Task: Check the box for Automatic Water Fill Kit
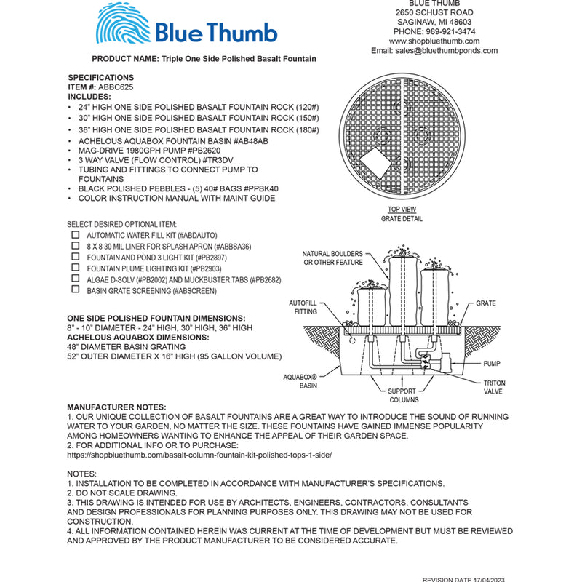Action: pos(75,236)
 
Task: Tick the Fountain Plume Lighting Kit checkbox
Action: pos(75,268)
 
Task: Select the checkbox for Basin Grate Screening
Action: pos(75,290)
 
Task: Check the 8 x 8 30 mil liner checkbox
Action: pos(75,247)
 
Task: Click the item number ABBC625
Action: pos(110,87)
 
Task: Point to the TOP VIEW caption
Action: pos(402,210)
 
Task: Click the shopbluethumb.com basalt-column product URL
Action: pos(199,454)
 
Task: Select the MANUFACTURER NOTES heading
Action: pos(116,407)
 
